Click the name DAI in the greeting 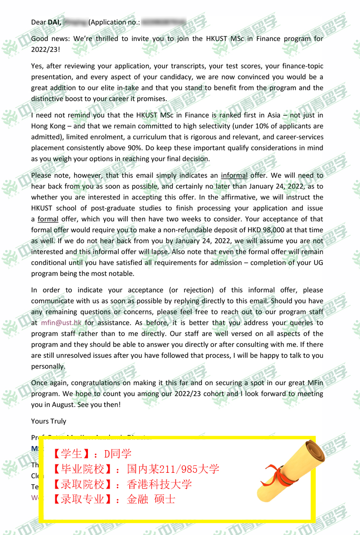pyautogui.click(x=54, y=22)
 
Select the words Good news pyautogui.click(x=49, y=39)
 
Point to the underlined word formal pyautogui.click(x=48, y=219)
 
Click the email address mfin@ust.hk pyautogui.click(x=61, y=323)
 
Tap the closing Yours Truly pyautogui.click(x=48, y=421)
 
